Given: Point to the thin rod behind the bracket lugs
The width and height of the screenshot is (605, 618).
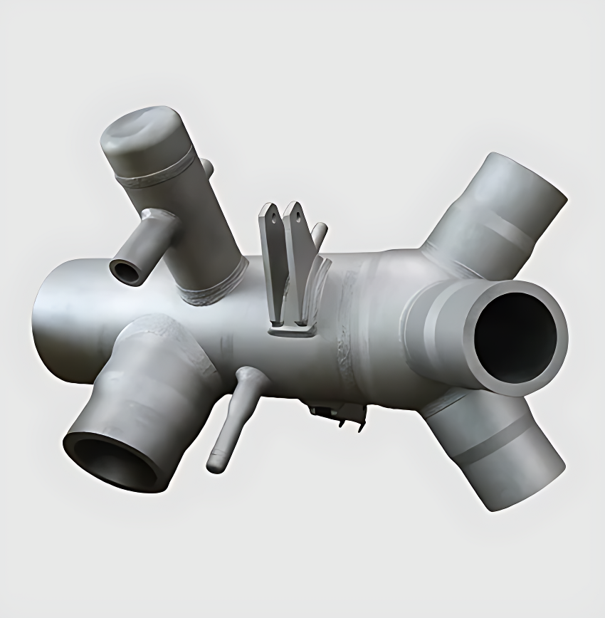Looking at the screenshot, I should point(320,232).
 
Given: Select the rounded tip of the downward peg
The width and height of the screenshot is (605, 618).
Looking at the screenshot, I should point(215,463).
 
